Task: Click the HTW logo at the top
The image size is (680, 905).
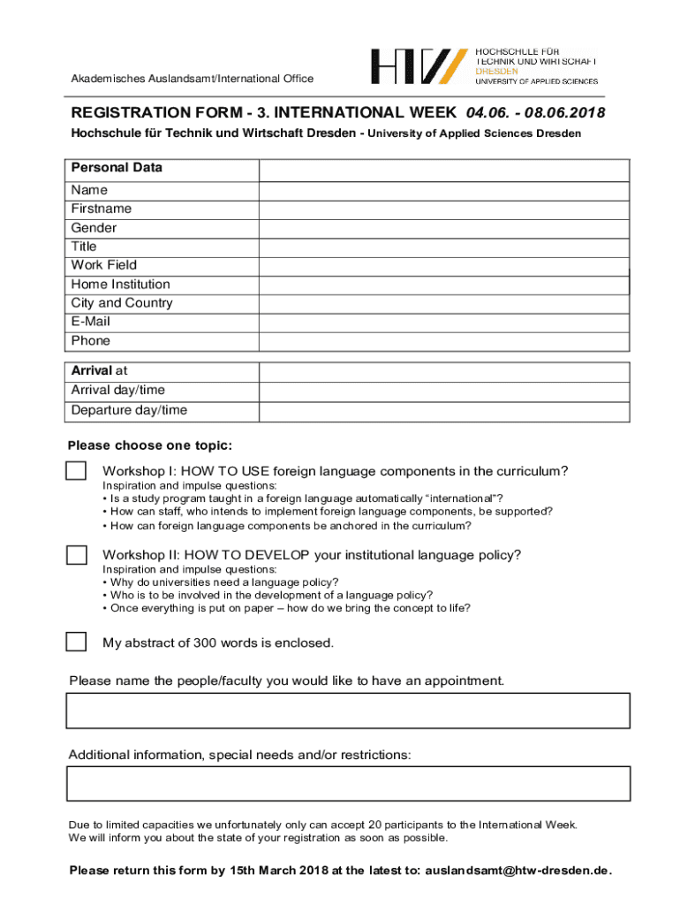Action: [x=419, y=67]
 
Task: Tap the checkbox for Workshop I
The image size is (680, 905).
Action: [x=77, y=471]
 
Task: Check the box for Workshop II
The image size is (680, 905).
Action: [x=77, y=555]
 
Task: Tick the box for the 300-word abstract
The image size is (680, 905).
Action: [x=77, y=642]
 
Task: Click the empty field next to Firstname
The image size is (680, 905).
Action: [x=443, y=209]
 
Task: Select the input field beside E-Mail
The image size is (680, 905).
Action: [x=443, y=323]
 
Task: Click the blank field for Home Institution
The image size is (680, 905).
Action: [x=443, y=285]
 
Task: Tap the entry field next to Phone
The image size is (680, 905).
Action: [x=443, y=341]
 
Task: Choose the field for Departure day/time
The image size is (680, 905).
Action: [x=443, y=411]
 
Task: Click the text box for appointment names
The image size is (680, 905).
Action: [x=348, y=711]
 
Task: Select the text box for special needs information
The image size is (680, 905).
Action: [x=348, y=784]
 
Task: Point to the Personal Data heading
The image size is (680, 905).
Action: [x=117, y=168]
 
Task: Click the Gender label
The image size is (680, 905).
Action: [x=94, y=228]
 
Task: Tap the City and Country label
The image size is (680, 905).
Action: [x=122, y=303]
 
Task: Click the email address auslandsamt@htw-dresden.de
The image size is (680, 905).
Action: [x=518, y=871]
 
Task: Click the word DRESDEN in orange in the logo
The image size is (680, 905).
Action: [x=497, y=71]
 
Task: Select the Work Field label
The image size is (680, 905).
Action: [x=104, y=265]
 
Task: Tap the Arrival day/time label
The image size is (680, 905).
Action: [x=118, y=391]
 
